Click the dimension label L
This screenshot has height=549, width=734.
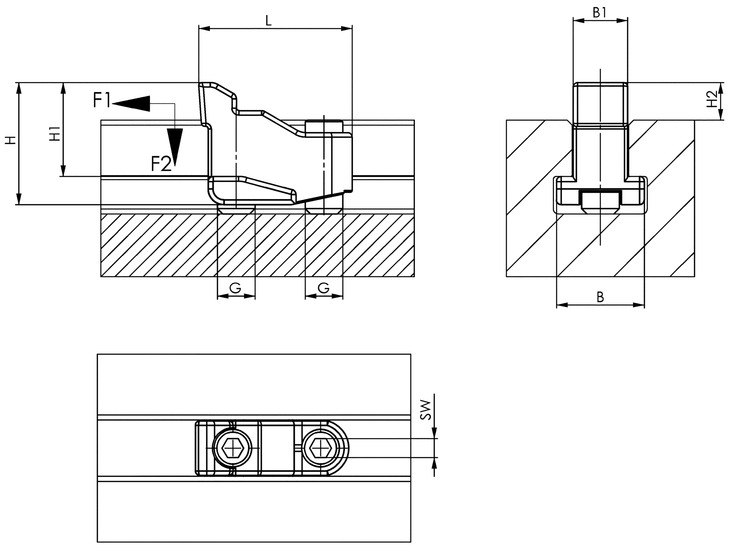pyautogui.click(x=268, y=21)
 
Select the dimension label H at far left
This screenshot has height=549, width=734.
pyautogui.click(x=11, y=140)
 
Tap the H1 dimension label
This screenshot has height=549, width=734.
pyautogui.click(x=55, y=134)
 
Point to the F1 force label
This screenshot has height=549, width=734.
pyautogui.click(x=102, y=100)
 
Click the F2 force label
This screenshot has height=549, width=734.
pyautogui.click(x=161, y=164)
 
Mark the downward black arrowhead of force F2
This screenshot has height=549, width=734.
pyautogui.click(x=175, y=147)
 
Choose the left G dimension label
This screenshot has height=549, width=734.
pyautogui.click(x=235, y=288)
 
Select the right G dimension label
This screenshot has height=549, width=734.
pyautogui.click(x=323, y=288)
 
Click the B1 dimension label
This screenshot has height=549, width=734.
pyautogui.click(x=599, y=13)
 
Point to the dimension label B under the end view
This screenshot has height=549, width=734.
pyautogui.click(x=600, y=297)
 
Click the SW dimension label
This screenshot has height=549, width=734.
pyautogui.click(x=425, y=410)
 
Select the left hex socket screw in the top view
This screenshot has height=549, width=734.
pyautogui.click(x=232, y=448)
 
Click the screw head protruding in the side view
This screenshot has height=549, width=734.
pyautogui.click(x=324, y=126)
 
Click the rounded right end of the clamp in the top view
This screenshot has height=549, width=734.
pyautogui.click(x=343, y=448)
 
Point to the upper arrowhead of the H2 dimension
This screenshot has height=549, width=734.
pyautogui.click(x=721, y=88)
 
